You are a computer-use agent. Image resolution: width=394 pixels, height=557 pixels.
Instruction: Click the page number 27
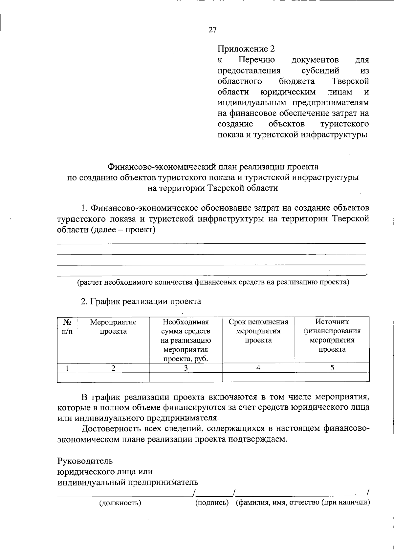(x=212, y=30)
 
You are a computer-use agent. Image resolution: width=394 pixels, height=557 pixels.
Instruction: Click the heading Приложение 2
(x=246, y=49)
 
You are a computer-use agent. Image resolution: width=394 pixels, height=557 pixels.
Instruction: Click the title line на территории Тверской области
(x=212, y=188)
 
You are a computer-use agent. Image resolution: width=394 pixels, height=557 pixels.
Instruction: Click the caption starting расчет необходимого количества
(x=213, y=282)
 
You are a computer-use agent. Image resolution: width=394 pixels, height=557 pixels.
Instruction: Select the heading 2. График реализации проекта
(x=141, y=301)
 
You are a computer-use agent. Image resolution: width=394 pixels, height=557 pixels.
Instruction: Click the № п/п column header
(x=67, y=327)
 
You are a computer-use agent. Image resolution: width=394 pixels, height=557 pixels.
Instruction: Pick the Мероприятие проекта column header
(x=113, y=327)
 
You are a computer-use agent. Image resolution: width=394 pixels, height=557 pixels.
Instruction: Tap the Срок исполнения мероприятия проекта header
(x=258, y=331)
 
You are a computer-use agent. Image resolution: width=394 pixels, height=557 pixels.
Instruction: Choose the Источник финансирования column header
(x=332, y=335)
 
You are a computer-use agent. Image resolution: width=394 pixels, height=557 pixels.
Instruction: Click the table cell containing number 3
(x=186, y=368)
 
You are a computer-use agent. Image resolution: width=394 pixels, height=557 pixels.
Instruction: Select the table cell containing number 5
(x=332, y=368)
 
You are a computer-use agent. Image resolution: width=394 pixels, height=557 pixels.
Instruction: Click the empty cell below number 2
(x=113, y=378)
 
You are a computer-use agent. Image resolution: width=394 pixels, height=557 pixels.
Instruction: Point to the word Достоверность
(x=113, y=428)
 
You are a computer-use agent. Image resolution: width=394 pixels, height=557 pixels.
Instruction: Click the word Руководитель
(x=85, y=461)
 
